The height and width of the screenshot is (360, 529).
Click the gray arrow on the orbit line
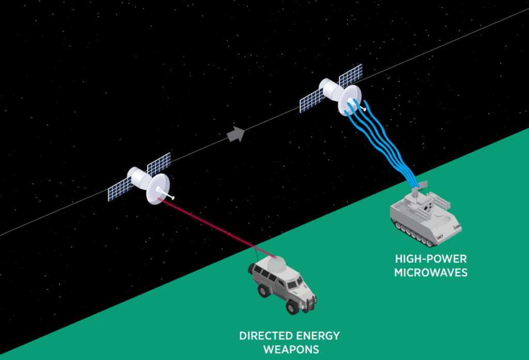click(236, 134)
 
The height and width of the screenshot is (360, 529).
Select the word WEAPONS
click(291, 350)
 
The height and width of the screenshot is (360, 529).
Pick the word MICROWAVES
click(430, 272)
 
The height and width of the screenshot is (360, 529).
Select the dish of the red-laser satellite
click(158, 189)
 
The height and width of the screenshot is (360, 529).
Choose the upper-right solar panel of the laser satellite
click(159, 164)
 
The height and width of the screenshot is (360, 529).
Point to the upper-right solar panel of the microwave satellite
click(350, 75)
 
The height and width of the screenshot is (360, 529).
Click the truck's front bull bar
click(308, 303)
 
